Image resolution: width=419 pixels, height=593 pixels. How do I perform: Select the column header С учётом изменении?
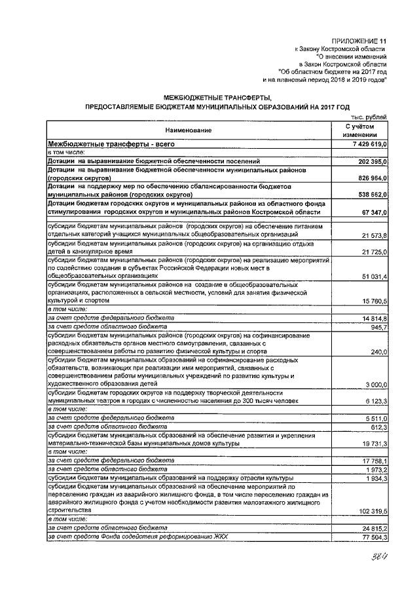pos(361,130)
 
